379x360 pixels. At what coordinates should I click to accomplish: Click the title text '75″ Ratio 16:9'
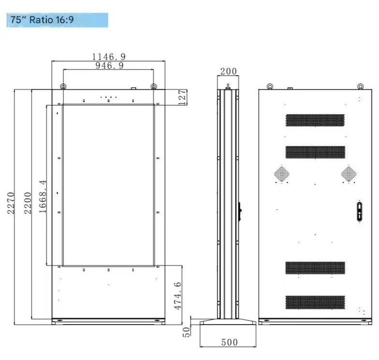click(x=42, y=19)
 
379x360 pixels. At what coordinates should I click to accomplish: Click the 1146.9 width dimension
click(x=109, y=57)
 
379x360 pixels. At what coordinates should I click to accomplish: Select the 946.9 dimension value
click(x=109, y=66)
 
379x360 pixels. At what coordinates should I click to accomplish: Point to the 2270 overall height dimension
click(x=11, y=203)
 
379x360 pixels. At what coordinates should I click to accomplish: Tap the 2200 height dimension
click(x=28, y=203)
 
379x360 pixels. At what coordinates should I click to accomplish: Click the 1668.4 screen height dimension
click(x=43, y=196)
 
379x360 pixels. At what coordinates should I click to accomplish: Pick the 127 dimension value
click(x=183, y=97)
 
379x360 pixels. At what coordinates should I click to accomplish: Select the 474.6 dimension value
click(x=178, y=296)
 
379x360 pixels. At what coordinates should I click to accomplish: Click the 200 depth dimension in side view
click(x=228, y=72)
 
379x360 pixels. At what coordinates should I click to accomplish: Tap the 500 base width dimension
click(x=229, y=343)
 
